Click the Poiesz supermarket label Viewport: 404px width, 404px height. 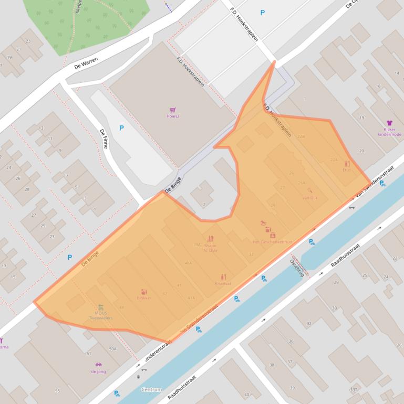[172, 116]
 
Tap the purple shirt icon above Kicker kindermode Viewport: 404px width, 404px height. [389, 123]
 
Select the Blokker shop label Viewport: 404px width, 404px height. [144, 297]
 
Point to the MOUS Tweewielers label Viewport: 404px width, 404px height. [100, 315]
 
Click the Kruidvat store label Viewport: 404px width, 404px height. [223, 283]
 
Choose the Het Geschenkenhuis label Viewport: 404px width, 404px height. [272, 242]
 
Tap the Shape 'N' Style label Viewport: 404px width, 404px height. [210, 248]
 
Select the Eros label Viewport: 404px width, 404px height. [346, 169]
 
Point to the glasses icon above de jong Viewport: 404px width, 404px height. [98, 365]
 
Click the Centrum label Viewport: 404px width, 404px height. [152, 390]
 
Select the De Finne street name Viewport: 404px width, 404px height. [103, 139]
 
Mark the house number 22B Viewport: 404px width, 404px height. [301, 136]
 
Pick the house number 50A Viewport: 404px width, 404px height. [112, 348]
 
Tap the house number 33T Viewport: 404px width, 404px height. [354, 390]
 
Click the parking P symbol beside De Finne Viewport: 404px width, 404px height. [122, 127]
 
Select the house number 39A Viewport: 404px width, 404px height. [196, 244]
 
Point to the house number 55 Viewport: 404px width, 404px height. [57, 391]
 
